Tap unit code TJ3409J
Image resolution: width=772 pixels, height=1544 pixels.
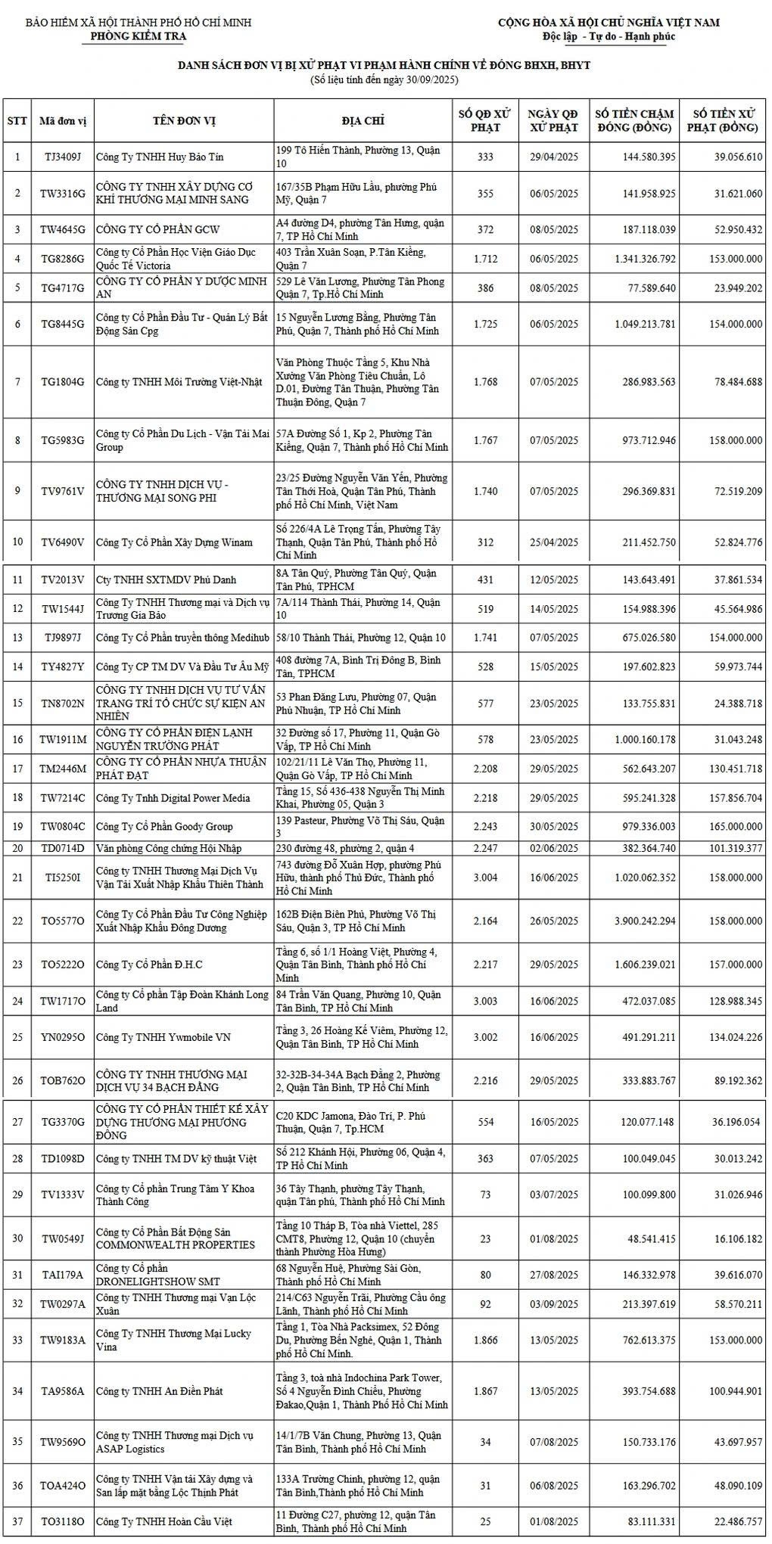tap(62, 157)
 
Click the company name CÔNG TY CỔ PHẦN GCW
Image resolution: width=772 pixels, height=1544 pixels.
tap(147, 229)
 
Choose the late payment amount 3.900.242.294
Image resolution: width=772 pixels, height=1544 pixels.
tap(635, 921)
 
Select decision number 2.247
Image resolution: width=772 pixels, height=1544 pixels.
tap(485, 848)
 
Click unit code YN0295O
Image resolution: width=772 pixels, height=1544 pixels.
tap(62, 1037)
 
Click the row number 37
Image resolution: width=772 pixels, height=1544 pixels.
tap(17, 1522)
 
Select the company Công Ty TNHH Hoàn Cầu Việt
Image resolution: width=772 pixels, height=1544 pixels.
tap(163, 1522)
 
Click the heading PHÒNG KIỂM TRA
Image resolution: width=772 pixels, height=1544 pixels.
tap(138, 36)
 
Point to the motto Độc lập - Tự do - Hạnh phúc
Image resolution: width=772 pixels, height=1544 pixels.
tap(609, 37)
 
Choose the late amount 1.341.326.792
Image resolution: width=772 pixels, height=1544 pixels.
tap(635, 259)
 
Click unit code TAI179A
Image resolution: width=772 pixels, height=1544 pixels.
tap(62, 1275)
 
